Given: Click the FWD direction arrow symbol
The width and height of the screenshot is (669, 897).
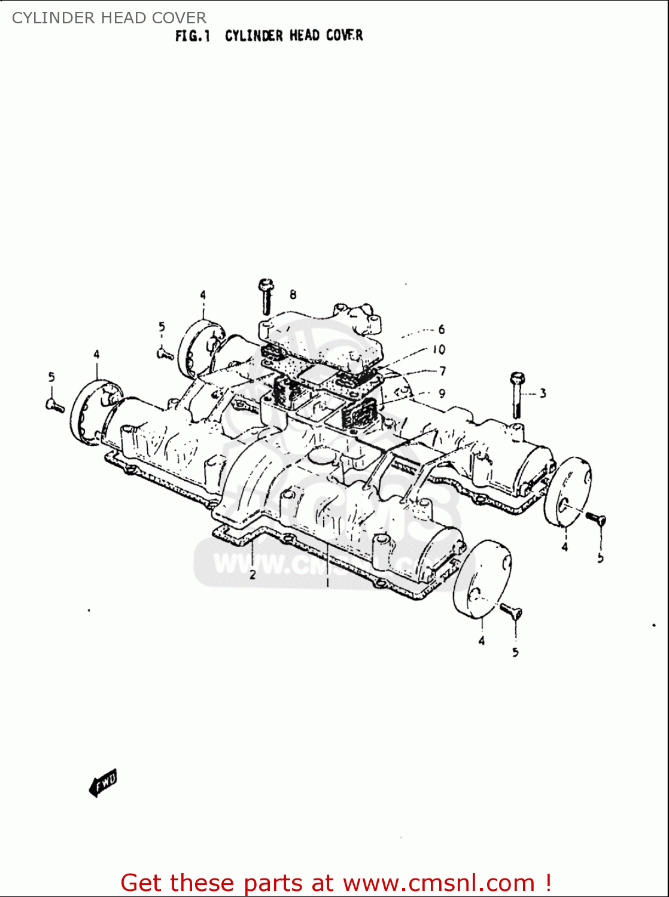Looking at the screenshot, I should click(104, 783).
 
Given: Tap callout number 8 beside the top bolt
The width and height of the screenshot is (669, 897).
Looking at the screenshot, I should click(293, 294).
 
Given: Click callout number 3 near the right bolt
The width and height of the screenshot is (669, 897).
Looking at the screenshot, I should click(542, 393).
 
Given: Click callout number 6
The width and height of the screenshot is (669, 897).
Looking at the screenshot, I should click(442, 329).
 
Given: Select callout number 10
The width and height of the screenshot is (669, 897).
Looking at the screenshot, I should click(439, 349).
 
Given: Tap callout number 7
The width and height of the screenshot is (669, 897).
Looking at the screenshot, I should click(442, 371).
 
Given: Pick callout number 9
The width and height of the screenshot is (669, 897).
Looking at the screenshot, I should click(442, 393).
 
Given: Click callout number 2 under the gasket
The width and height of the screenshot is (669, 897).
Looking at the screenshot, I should click(253, 575).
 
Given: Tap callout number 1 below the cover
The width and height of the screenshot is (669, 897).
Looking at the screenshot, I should click(327, 582).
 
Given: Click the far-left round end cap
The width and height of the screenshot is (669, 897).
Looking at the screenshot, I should click(89, 412).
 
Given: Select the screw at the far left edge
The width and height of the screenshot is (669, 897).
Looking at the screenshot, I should click(55, 405).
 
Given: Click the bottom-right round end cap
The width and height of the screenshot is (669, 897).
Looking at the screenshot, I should click(482, 578).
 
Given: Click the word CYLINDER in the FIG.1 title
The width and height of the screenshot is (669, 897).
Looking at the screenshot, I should click(254, 36).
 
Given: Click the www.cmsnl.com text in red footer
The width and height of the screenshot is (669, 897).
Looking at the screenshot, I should click(439, 883).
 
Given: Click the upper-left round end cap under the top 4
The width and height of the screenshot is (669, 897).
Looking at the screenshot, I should click(200, 347).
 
